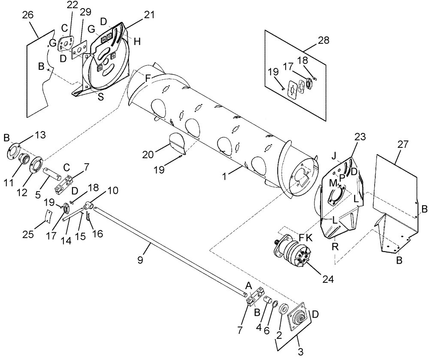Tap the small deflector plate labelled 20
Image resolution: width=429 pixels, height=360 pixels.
(178, 143)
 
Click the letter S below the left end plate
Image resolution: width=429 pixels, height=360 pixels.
(100, 97)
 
